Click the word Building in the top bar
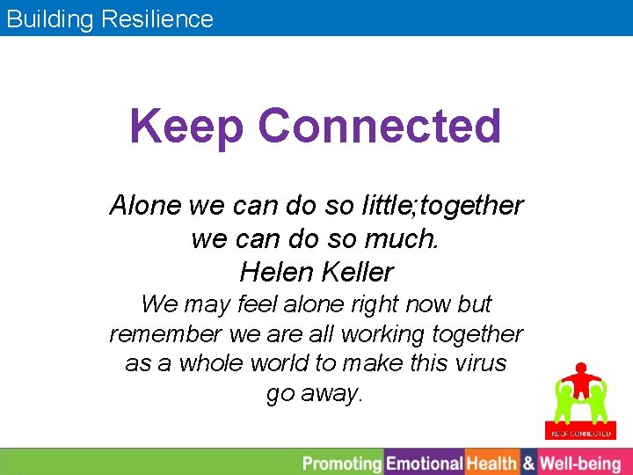tap(49, 18)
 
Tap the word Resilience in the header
tap(157, 18)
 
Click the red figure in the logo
tap(579, 380)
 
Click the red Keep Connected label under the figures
tap(579, 433)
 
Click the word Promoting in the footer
tap(341, 463)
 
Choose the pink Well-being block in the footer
tap(580, 463)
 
